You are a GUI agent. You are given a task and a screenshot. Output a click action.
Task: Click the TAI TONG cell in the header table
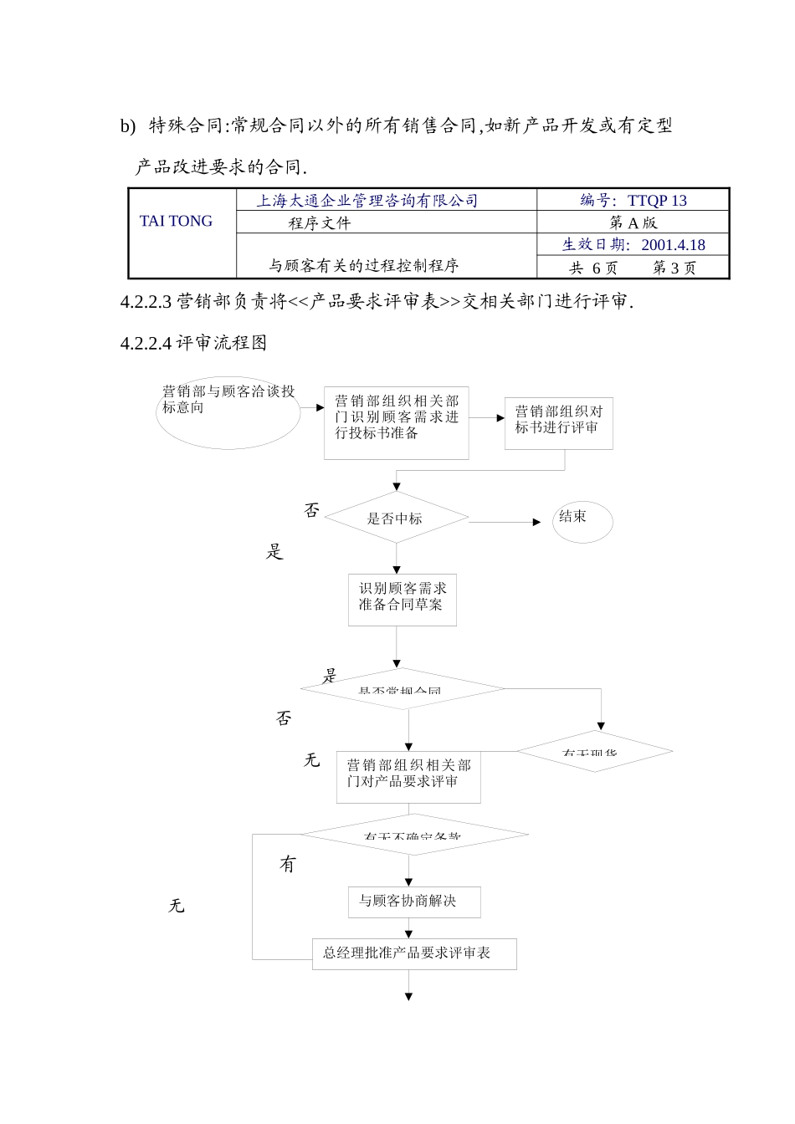tap(176, 222)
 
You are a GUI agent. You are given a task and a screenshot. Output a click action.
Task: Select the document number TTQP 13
tap(657, 201)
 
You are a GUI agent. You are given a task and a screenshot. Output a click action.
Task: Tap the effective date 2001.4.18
tap(673, 245)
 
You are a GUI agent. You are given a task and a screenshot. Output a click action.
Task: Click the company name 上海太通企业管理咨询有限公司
tap(367, 201)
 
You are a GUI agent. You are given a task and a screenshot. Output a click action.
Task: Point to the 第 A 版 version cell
tap(633, 222)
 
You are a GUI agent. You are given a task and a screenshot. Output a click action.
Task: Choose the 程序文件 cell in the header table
tap(320, 223)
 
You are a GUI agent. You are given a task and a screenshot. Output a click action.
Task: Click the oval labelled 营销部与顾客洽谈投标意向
tap(228, 411)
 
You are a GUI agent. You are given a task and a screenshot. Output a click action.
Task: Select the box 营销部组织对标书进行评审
tap(558, 423)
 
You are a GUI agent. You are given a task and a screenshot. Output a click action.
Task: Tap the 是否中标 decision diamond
tap(396, 519)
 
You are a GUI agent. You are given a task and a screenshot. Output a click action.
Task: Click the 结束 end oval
tap(582, 522)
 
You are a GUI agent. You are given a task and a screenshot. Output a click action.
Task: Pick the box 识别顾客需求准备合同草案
tap(403, 599)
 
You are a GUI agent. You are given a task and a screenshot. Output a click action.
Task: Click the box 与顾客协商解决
tap(414, 902)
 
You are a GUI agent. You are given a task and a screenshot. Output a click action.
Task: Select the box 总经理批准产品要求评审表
tap(414, 953)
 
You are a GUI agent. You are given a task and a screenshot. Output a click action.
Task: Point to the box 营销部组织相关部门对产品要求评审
tap(408, 777)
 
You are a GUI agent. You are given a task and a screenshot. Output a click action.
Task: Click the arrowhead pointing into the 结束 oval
tap(537, 522)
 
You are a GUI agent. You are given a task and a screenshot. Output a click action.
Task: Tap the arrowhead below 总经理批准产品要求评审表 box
tap(409, 996)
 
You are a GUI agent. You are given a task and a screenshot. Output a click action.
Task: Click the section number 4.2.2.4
tap(146, 343)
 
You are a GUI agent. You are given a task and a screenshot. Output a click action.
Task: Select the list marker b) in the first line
tap(127, 126)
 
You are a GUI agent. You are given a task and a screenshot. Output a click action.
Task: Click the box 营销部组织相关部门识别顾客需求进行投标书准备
tap(396, 422)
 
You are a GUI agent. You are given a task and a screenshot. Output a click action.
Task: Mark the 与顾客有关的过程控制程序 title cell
tap(363, 266)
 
